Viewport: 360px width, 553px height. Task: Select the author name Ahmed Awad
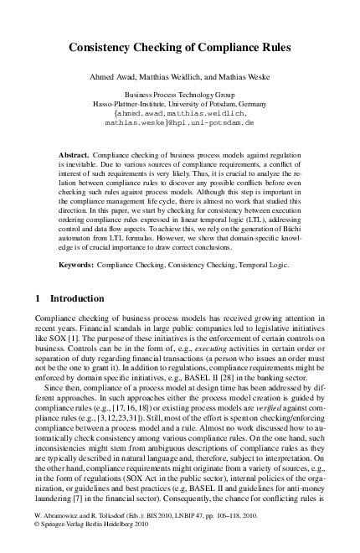point(125,76)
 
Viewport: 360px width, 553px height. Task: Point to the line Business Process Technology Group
point(179,96)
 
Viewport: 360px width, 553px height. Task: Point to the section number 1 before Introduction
point(38,275)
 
